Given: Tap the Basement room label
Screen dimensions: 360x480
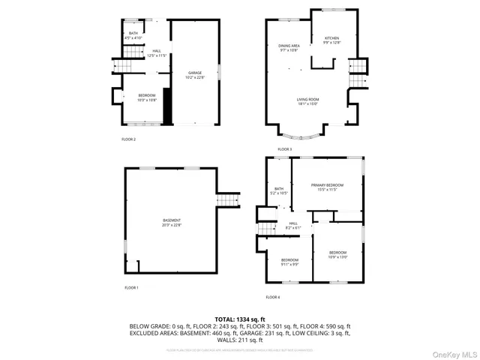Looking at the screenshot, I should click(x=172, y=222).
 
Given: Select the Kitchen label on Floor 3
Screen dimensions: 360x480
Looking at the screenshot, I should click(x=331, y=40).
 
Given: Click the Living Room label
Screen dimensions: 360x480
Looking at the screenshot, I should click(x=307, y=101).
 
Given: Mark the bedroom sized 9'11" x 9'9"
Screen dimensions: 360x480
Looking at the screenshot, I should click(x=280, y=262).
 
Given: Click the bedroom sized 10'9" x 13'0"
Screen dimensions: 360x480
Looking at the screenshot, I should click(x=337, y=254).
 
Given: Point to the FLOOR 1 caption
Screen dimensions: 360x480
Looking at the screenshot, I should click(x=131, y=287).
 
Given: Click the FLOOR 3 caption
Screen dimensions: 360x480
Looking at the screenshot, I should click(x=284, y=149).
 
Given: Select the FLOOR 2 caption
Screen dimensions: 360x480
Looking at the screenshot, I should click(x=128, y=139).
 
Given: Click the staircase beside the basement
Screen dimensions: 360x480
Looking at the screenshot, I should click(x=226, y=200).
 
